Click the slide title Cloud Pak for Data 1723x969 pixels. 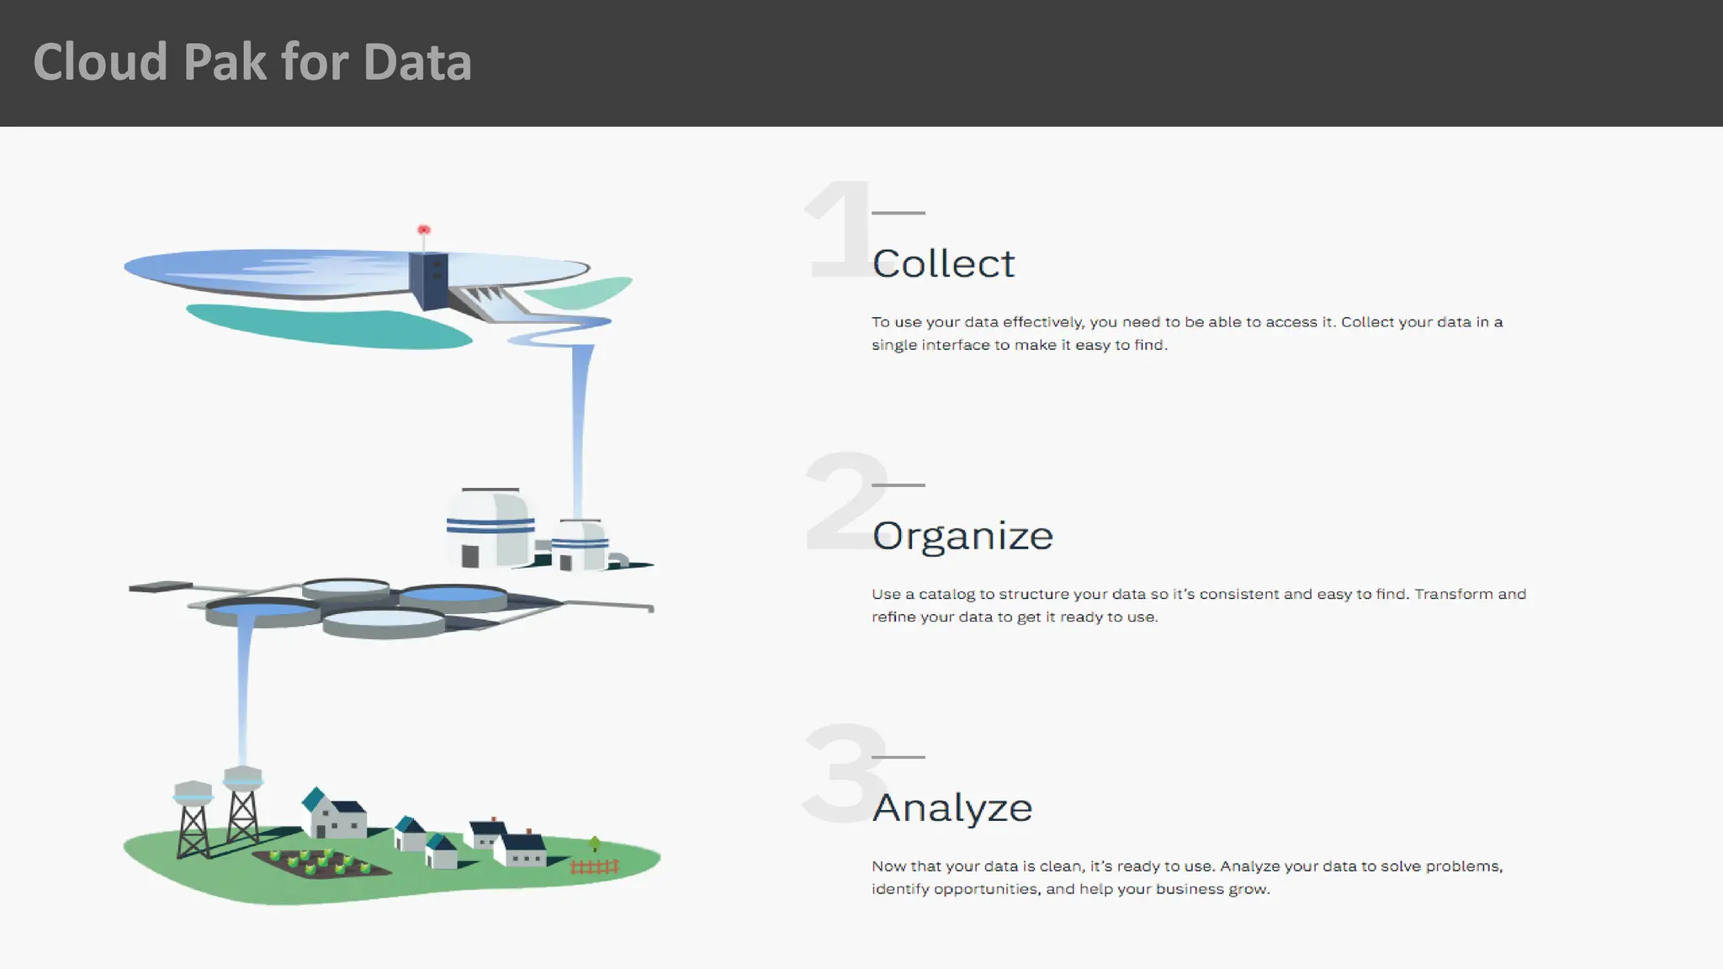point(252,62)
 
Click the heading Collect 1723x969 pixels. point(943,264)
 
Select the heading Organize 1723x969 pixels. point(962,536)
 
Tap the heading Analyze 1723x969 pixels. point(952,808)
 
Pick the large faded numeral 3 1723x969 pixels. point(841,774)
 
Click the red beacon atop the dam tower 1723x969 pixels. point(424,230)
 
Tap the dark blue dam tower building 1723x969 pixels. point(428,279)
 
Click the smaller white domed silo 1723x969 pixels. point(580,544)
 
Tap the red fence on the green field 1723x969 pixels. point(594,866)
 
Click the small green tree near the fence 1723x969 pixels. point(595,843)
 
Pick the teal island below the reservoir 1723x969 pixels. point(328,326)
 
